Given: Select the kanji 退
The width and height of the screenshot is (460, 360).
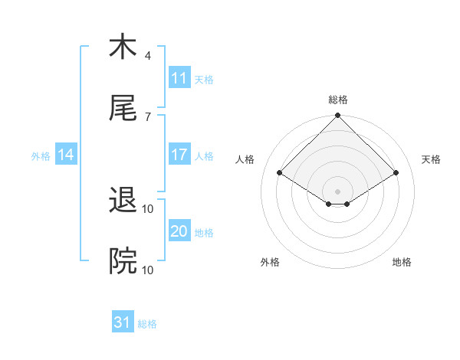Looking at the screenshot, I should pyautogui.click(x=123, y=201).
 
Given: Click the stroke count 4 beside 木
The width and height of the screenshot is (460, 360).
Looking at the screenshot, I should pyautogui.click(x=148, y=55).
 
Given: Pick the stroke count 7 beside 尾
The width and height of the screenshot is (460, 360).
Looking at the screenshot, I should pyautogui.click(x=148, y=116).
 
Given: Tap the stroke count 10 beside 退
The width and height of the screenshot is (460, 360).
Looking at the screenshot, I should pyautogui.click(x=148, y=208).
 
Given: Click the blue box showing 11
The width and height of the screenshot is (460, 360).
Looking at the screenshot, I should pyautogui.click(x=179, y=78).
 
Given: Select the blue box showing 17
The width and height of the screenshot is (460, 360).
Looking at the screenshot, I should pyautogui.click(x=179, y=155).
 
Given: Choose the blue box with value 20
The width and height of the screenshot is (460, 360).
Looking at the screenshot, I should pyautogui.click(x=179, y=231).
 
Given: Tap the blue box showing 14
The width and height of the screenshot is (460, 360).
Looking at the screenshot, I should pyautogui.click(x=66, y=155).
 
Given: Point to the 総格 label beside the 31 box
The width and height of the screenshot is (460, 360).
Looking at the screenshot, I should pyautogui.click(x=147, y=324).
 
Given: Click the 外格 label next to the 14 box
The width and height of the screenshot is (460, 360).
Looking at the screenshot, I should pyautogui.click(x=41, y=155).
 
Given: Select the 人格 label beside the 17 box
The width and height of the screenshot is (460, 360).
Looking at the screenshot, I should pyautogui.click(x=204, y=155).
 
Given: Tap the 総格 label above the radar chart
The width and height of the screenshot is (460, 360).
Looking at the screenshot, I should pyautogui.click(x=338, y=100).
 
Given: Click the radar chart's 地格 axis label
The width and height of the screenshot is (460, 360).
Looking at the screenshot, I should pyautogui.click(x=402, y=262).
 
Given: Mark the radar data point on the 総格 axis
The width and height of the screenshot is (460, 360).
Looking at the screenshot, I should pyautogui.click(x=338, y=116).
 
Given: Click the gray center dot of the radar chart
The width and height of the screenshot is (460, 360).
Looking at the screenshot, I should pyautogui.click(x=338, y=191).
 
